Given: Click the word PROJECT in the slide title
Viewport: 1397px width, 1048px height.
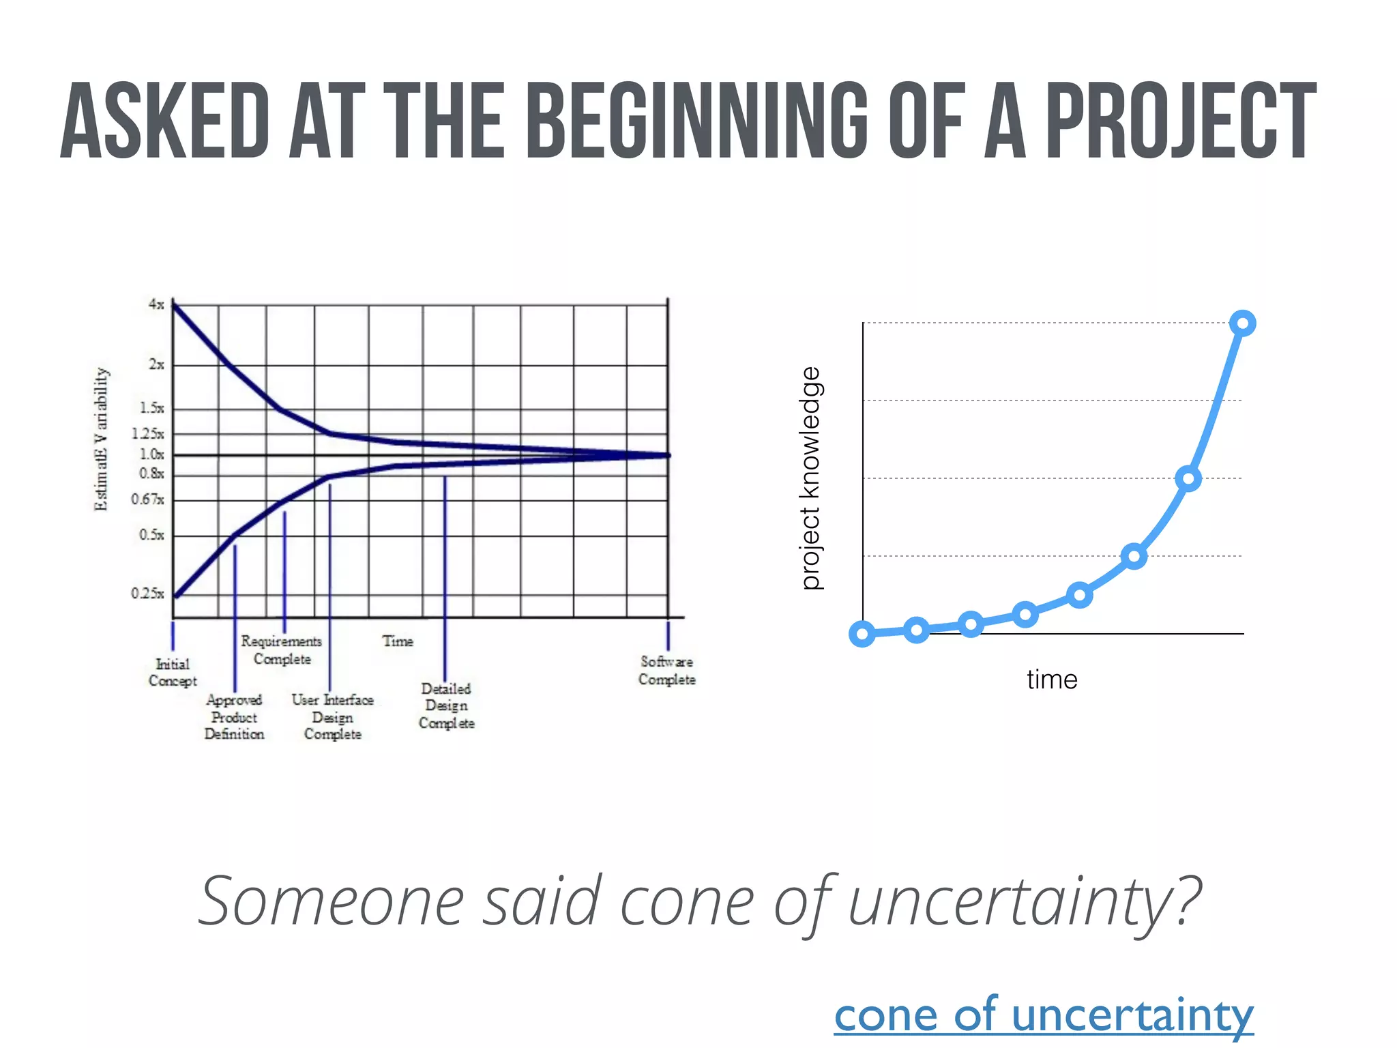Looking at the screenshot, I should [1180, 121].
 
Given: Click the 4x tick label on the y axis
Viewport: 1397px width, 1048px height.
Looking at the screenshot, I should [156, 304].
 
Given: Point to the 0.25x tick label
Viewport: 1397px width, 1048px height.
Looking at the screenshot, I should [148, 594].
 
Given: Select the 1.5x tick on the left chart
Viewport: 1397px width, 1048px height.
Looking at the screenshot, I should [151, 408].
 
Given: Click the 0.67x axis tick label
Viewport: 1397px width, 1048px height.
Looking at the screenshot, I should [148, 499].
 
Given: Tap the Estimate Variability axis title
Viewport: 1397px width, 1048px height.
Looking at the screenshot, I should [101, 439].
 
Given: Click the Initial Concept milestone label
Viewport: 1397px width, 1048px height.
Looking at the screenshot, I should [173, 672].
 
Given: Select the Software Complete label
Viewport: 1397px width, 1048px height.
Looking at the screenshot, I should [666, 670].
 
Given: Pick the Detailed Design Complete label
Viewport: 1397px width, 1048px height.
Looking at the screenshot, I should [446, 705].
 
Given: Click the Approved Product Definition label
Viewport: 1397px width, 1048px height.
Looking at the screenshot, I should [234, 716].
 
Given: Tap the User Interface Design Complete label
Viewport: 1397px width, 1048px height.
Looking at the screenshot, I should [333, 716].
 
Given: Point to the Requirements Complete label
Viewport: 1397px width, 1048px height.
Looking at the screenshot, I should [282, 650].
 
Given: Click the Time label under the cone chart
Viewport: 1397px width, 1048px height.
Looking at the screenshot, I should [398, 641].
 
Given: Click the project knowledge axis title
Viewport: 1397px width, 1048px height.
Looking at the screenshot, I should [811, 478].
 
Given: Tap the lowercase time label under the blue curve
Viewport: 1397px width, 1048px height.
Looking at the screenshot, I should [1052, 680].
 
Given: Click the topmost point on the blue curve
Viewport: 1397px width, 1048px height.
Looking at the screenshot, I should [1242, 323].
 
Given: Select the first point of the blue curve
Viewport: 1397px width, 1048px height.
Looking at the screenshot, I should [862, 634].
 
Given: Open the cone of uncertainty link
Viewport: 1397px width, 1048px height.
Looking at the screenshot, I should [1044, 1015].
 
